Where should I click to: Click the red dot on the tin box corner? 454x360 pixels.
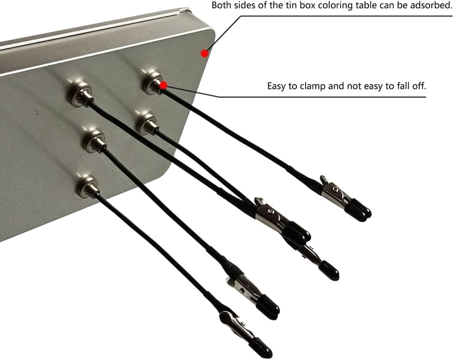205,53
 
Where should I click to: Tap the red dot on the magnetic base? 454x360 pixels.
164,85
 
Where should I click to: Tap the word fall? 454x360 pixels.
399,86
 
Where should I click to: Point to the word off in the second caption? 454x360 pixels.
417,86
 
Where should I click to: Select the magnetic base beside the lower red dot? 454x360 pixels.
154,83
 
